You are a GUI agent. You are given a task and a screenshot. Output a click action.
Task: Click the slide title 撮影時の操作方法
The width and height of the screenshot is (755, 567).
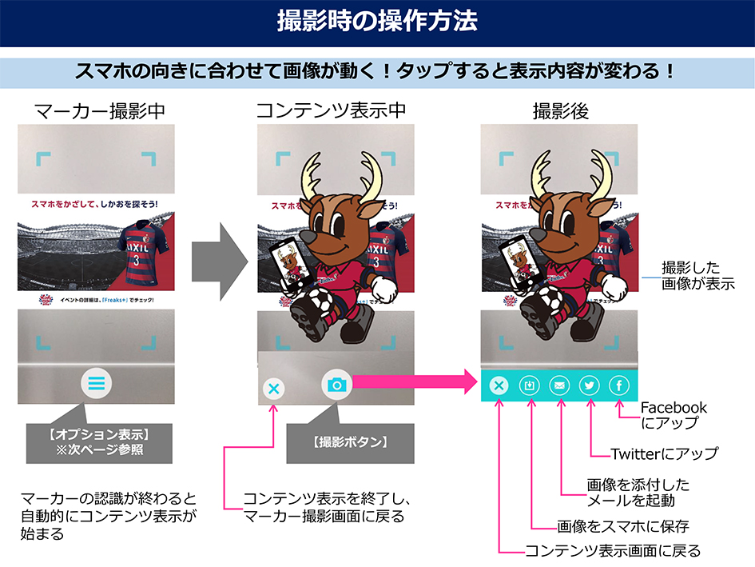(x=377, y=22)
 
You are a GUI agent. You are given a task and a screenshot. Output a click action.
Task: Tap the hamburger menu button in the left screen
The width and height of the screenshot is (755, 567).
(x=97, y=384)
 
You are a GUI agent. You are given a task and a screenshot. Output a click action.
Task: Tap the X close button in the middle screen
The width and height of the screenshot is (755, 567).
(x=273, y=389)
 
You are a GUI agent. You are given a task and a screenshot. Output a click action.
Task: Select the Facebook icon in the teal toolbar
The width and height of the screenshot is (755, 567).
(x=620, y=385)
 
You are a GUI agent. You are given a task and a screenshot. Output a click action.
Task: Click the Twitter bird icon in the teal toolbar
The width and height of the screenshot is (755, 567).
(x=590, y=385)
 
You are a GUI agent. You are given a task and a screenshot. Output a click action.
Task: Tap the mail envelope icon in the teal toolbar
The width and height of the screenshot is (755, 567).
(x=559, y=385)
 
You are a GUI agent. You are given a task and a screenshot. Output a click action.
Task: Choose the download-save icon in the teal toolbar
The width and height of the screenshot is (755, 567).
(x=529, y=385)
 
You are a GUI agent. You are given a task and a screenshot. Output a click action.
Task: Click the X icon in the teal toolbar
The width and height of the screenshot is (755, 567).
(x=499, y=385)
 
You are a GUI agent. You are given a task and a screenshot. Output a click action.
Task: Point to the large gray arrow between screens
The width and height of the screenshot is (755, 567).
(x=219, y=254)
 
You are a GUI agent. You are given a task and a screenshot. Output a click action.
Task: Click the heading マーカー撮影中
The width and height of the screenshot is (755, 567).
(x=100, y=112)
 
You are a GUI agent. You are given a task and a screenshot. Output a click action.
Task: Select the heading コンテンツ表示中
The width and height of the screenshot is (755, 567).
(x=332, y=112)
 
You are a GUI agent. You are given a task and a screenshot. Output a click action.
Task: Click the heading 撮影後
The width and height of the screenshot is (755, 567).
(x=561, y=112)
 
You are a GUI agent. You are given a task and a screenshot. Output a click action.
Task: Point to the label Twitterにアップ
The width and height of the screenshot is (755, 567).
(x=663, y=453)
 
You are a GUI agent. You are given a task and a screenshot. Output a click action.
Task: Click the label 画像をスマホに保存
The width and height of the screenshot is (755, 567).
(x=622, y=526)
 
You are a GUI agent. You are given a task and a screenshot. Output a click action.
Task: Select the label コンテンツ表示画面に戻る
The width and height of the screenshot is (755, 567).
(x=612, y=551)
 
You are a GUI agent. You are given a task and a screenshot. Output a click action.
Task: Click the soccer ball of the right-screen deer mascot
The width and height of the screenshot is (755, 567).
(x=550, y=298)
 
